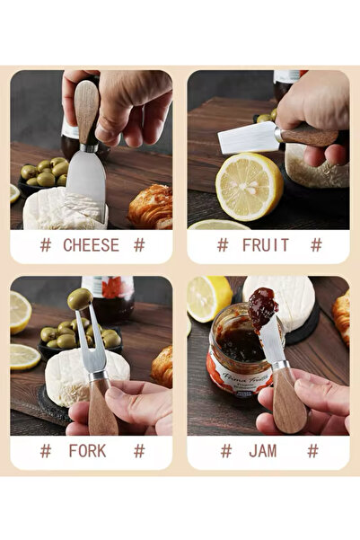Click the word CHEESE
(x=91, y=244)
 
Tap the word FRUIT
(x=268, y=244)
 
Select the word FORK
(x=91, y=450)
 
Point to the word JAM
(x=268, y=450)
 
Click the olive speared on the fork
(x=80, y=299)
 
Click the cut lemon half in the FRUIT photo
(x=249, y=185)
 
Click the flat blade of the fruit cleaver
(x=249, y=138)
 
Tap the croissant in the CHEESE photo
(x=151, y=206)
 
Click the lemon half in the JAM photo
(x=208, y=297)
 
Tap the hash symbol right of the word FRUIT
(x=316, y=244)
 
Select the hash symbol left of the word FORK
(x=45, y=450)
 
